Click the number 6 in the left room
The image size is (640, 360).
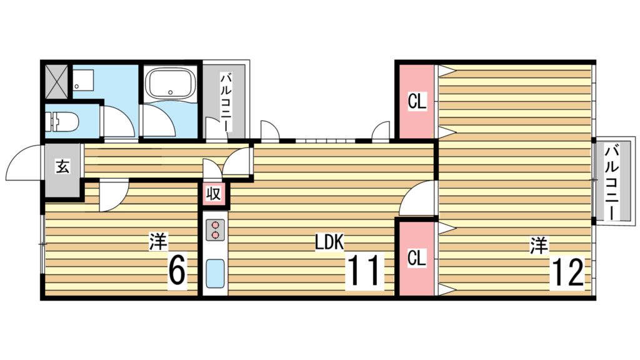coord(177,271)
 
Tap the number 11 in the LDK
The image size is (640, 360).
coord(364,271)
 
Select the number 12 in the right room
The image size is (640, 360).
coord(567,271)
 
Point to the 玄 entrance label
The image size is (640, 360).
coord(63,166)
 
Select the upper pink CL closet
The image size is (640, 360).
coord(417,101)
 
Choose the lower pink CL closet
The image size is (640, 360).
coord(417,257)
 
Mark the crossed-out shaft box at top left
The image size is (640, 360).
coord(56,79)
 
